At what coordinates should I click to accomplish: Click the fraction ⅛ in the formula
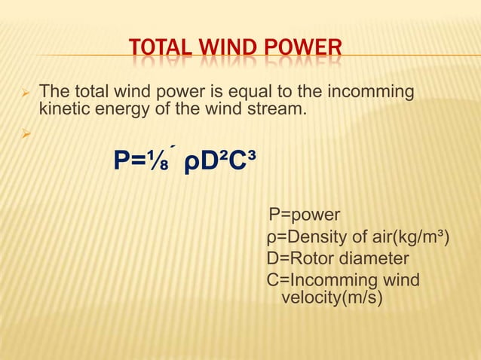pyautogui.click(x=162, y=160)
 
